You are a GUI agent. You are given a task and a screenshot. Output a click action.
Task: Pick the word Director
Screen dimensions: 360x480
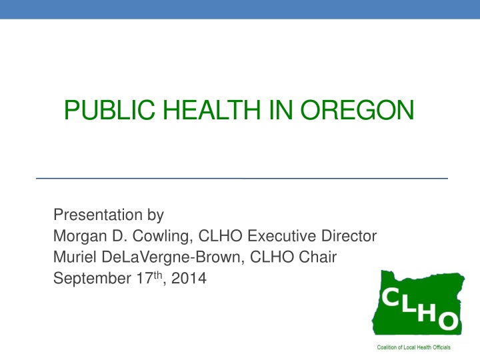point(352,237)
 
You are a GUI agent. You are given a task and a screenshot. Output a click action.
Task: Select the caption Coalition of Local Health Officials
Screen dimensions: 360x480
point(414,347)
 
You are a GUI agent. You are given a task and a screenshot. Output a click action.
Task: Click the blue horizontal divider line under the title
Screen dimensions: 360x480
point(241,179)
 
